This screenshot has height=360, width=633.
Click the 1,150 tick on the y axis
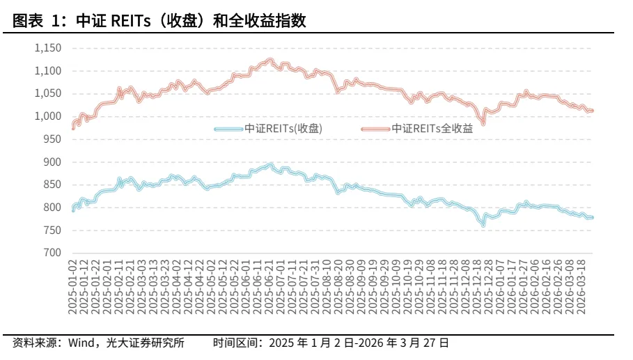click(x=48, y=48)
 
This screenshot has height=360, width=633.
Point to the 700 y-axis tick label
click(x=53, y=253)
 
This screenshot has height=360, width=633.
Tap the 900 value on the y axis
click(x=53, y=162)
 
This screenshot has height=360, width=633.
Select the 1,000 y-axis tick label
click(x=48, y=116)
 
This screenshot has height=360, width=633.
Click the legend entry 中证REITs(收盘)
click(x=283, y=128)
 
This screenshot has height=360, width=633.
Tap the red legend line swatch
click(x=375, y=129)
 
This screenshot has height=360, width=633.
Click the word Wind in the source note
click(x=82, y=343)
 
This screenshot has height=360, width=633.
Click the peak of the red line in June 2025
click(x=270, y=61)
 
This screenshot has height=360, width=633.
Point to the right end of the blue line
click(x=592, y=217)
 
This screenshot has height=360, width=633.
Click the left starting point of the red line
click(x=73, y=127)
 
